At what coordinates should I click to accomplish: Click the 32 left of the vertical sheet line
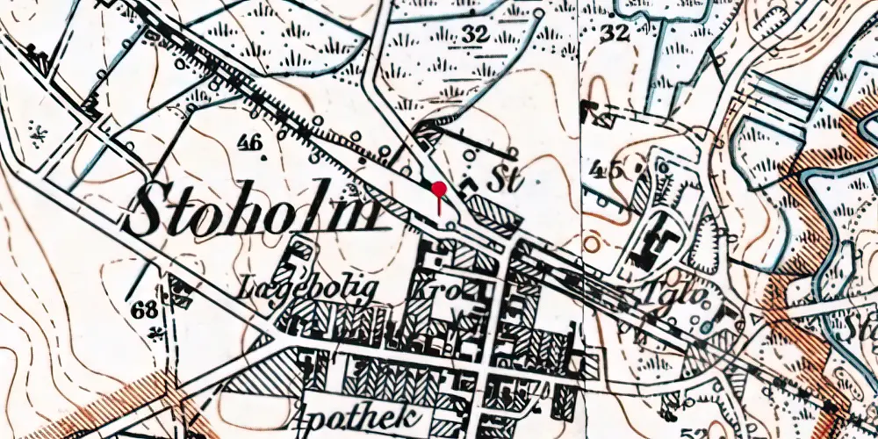tap(475, 35)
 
